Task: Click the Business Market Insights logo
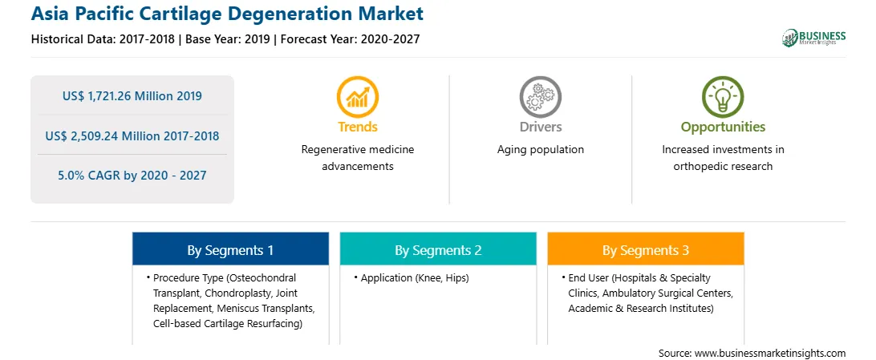click(x=813, y=38)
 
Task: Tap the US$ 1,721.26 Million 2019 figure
click(x=132, y=96)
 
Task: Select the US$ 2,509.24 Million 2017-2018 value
click(x=132, y=136)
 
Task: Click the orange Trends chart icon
click(x=358, y=96)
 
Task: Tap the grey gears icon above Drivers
click(x=540, y=96)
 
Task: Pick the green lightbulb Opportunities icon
click(x=723, y=96)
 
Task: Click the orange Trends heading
click(x=358, y=127)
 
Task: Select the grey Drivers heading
click(x=540, y=127)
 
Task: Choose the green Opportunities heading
click(x=723, y=127)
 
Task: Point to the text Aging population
click(x=540, y=150)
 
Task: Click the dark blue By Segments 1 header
click(x=231, y=250)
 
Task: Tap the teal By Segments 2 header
click(x=438, y=250)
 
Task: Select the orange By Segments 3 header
click(x=646, y=250)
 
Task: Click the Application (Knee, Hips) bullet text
click(x=415, y=278)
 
